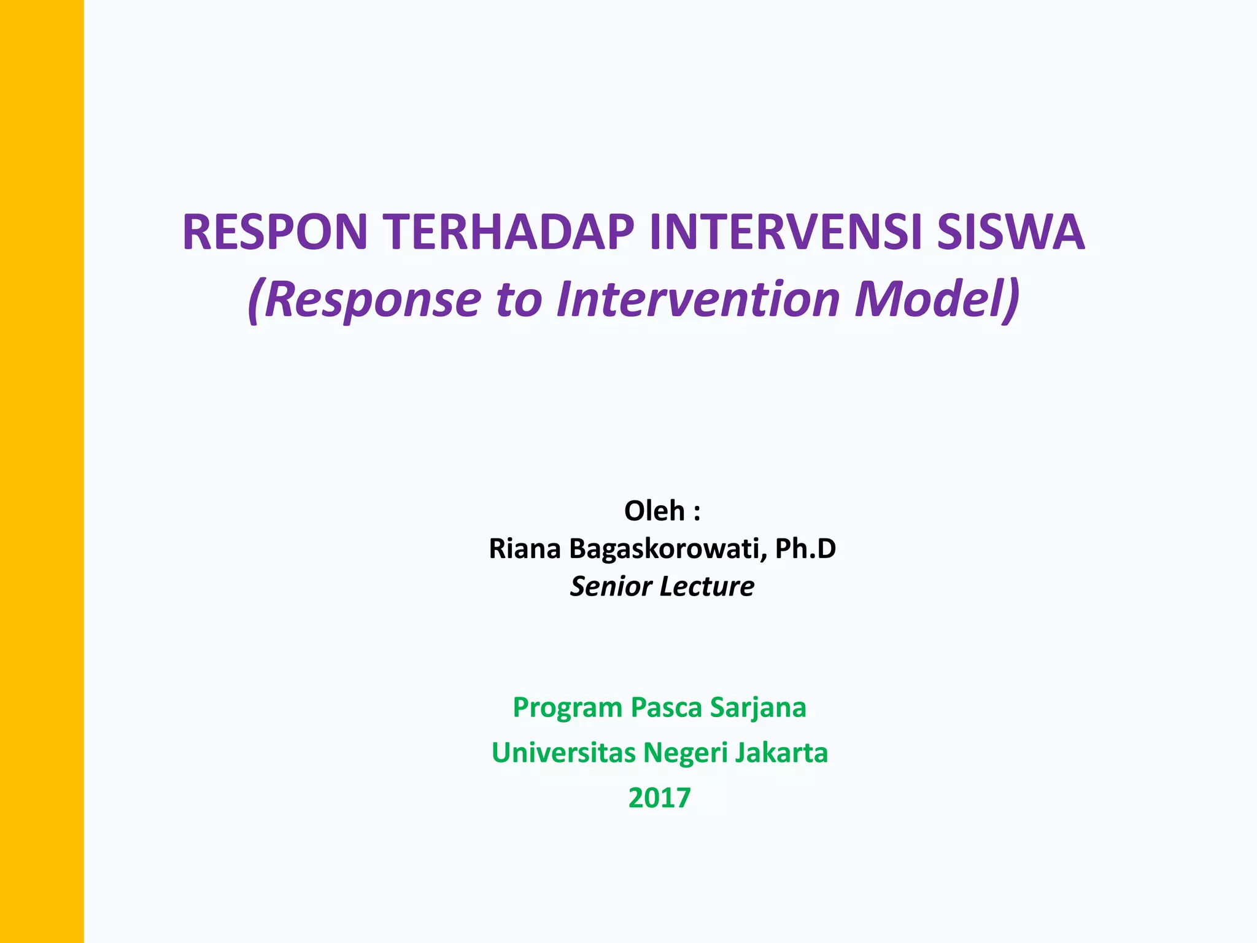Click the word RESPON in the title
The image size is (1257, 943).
click(274, 232)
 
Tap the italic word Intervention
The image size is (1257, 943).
click(698, 300)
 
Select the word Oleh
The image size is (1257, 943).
click(654, 511)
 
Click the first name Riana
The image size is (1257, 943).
click(525, 548)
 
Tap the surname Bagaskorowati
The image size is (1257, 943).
click(668, 548)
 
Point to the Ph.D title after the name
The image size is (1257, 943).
click(805, 548)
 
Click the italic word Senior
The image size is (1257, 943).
click(611, 586)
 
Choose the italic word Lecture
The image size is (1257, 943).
click(707, 586)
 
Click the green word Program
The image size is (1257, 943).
click(568, 708)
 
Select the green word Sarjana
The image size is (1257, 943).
click(758, 708)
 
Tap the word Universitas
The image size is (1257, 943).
click(563, 753)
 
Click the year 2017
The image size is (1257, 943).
click(660, 798)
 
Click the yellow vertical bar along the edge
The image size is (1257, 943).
click(42, 471)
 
